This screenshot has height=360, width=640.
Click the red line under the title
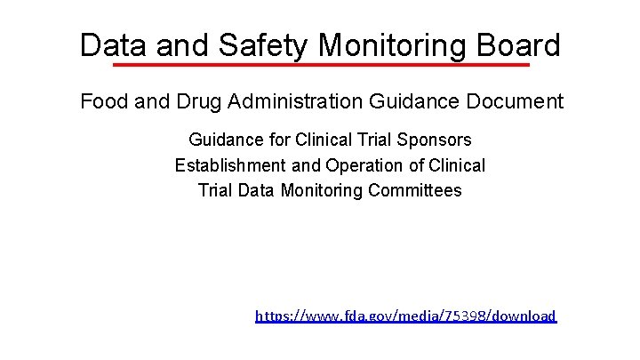[x=320, y=65]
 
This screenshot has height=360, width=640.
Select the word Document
[x=517, y=101]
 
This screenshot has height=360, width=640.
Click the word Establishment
[x=231, y=165]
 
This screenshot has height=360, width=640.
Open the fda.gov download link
[x=405, y=316]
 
